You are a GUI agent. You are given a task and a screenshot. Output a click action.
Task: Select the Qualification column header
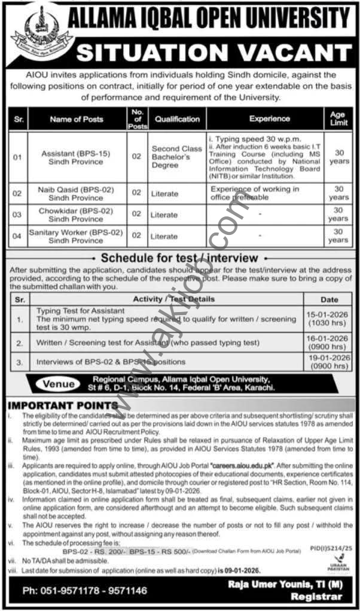tap(177, 119)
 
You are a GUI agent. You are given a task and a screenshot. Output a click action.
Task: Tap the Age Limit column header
tap(337, 119)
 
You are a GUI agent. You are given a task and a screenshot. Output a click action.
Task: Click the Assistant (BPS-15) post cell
tap(77, 157)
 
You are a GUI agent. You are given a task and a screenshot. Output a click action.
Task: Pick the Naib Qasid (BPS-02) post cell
tap(77, 193)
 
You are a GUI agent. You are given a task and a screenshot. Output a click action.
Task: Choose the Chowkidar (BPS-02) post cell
tap(77, 214)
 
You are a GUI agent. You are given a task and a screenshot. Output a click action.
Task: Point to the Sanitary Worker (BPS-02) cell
tap(77, 236)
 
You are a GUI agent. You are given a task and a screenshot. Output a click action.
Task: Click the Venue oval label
tap(59, 384)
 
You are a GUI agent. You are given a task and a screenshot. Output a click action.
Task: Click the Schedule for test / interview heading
tap(179, 258)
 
